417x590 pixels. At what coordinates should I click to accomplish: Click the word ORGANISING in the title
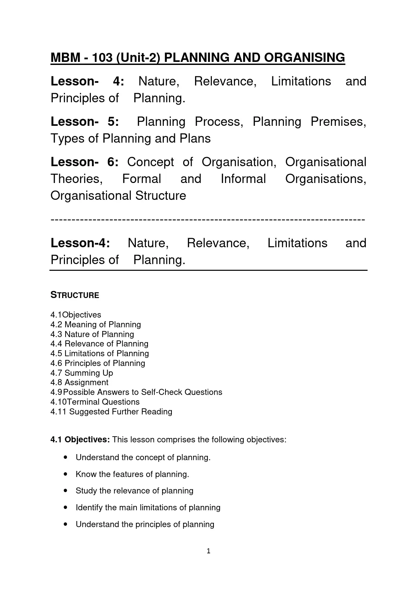(x=304, y=58)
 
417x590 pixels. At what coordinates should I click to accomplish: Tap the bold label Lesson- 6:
(x=84, y=162)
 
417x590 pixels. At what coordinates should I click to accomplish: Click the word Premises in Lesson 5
(x=338, y=122)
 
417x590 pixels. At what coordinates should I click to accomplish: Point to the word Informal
(x=243, y=179)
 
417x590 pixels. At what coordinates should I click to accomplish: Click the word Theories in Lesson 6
(x=76, y=179)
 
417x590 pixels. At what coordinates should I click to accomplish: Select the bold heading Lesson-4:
(x=80, y=243)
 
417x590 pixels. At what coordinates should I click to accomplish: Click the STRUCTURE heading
(x=75, y=295)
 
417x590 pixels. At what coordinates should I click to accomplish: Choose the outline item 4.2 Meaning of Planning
(x=96, y=325)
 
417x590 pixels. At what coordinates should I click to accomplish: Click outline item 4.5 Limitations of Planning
(x=100, y=354)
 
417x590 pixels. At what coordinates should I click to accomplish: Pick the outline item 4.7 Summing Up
(x=82, y=373)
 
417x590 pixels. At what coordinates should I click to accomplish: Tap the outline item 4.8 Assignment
(x=79, y=382)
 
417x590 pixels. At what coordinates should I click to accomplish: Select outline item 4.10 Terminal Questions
(x=95, y=402)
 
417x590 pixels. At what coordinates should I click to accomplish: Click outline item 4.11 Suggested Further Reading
(x=111, y=412)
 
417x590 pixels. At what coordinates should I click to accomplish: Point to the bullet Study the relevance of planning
(x=134, y=491)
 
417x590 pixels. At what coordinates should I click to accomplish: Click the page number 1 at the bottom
(x=208, y=551)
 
